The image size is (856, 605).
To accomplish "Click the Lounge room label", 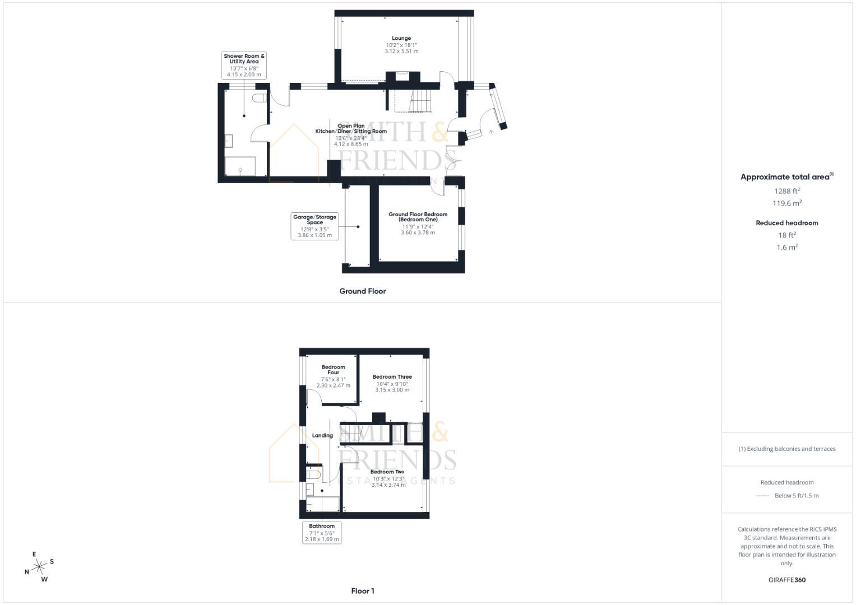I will [401, 39].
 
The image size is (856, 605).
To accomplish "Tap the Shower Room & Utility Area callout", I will [244, 65].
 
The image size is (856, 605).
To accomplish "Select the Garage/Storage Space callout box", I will [314, 226].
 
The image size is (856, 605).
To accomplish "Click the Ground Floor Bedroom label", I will [418, 217].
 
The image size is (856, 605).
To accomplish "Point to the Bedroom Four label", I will [333, 370].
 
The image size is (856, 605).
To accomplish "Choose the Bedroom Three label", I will [392, 377].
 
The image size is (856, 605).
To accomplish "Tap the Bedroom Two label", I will [387, 472].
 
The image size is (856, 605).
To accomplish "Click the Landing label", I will [322, 435].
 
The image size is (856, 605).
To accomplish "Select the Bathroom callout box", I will [322, 532].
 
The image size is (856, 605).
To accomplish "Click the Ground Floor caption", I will [362, 291].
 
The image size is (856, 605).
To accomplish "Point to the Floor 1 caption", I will [362, 591].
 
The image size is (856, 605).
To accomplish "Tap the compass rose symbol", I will [39, 567].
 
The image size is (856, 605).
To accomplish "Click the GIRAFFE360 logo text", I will [786, 580].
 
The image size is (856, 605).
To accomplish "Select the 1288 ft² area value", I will [786, 191].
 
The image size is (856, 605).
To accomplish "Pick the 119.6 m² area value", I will [786, 203].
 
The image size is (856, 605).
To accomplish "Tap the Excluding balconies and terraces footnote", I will [786, 449].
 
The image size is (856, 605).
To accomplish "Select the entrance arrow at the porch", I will [491, 132].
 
